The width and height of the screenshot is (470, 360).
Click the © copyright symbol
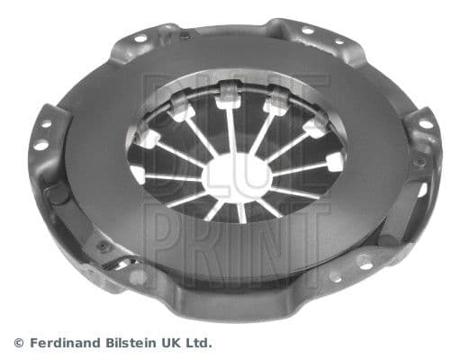coord(18,343)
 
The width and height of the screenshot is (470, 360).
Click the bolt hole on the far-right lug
coord(423,124)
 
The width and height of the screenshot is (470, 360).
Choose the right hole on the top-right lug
coord(339,40)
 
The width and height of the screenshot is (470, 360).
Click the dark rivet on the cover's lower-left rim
coord(103,245)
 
